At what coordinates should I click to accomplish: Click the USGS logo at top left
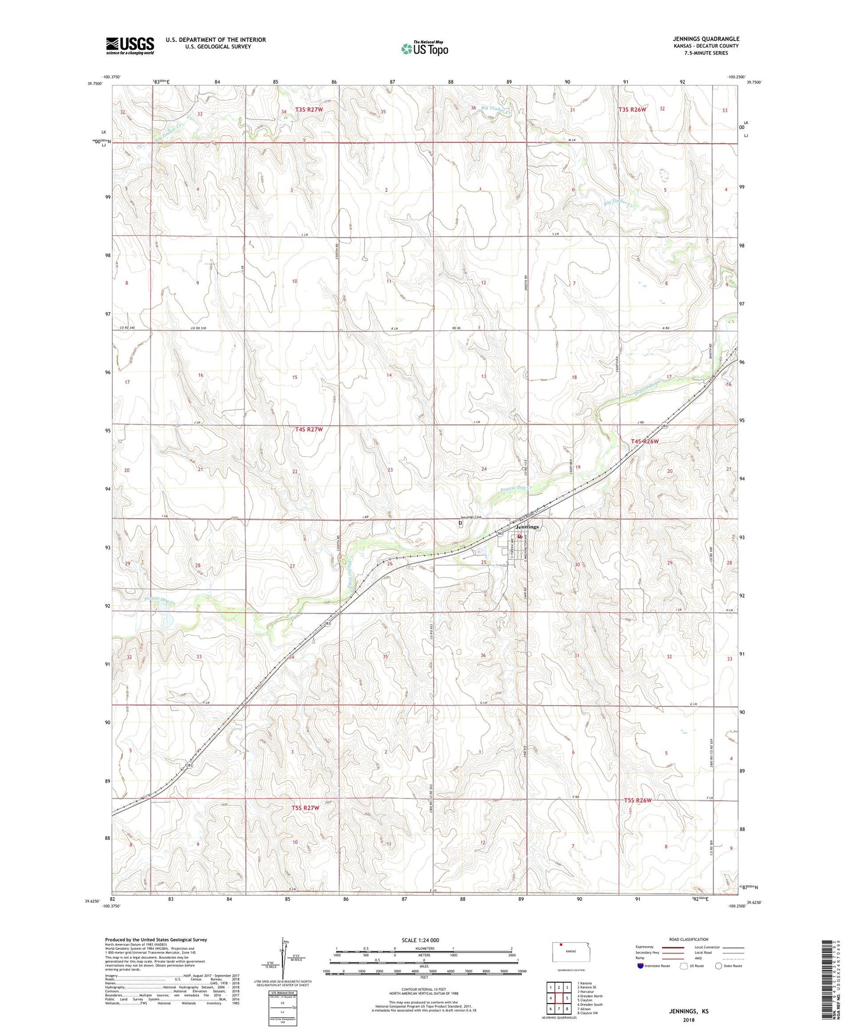click(x=130, y=46)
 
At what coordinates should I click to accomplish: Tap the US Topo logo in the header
click(x=424, y=48)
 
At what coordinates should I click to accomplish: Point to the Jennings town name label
click(x=527, y=527)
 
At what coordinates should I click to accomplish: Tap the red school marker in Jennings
click(x=521, y=537)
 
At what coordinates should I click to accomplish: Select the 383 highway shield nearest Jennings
click(x=500, y=534)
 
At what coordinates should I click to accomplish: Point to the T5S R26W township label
click(x=638, y=800)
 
